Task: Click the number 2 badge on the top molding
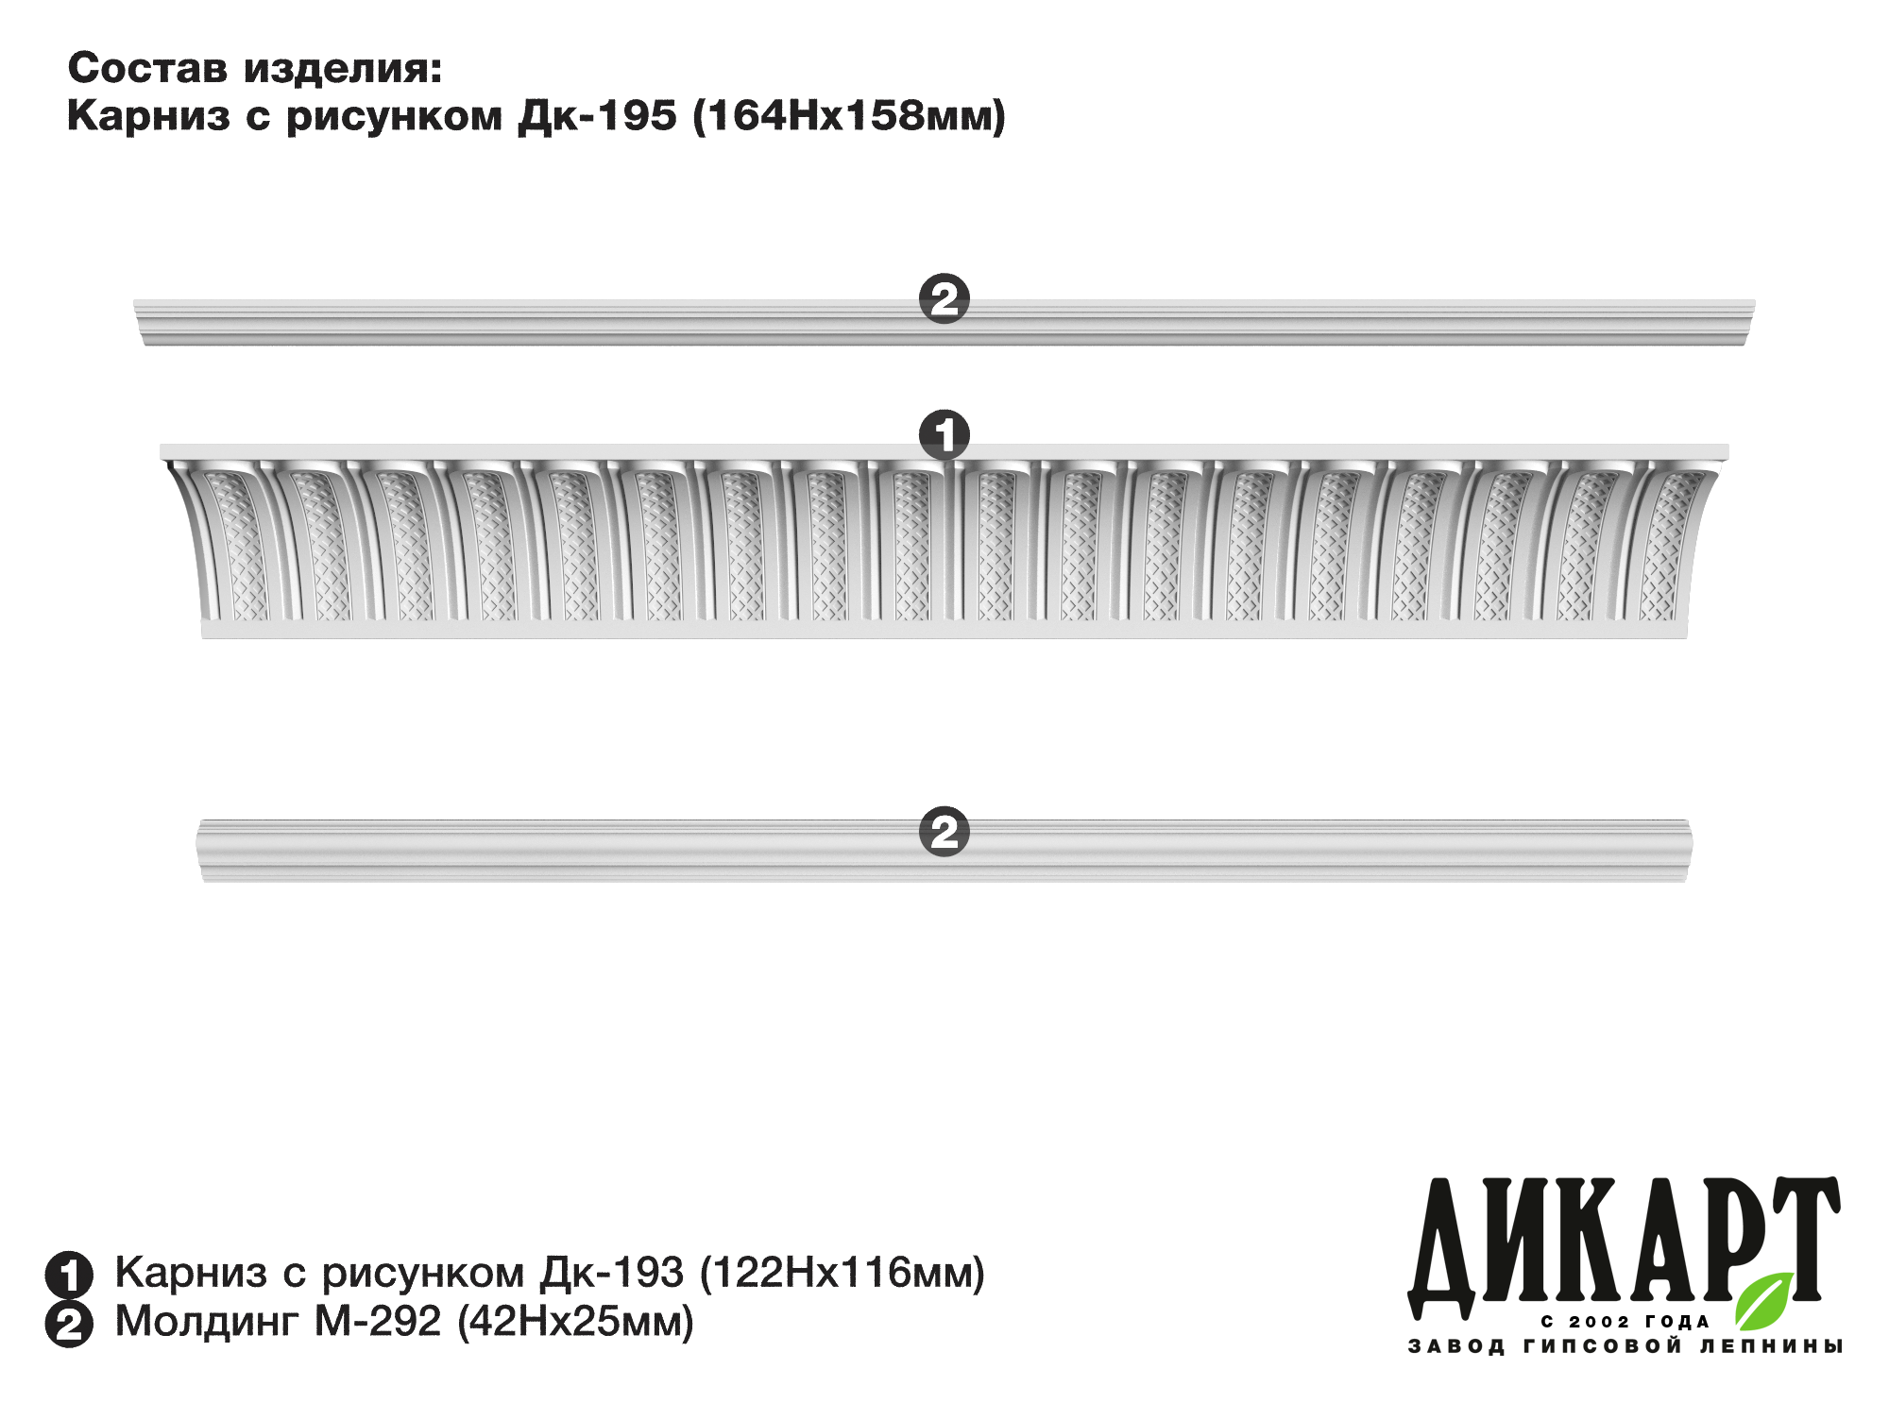tap(944, 299)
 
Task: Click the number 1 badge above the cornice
tap(944, 435)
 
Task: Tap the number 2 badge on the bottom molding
tap(944, 832)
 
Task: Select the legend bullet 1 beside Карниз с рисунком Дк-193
tap(69, 1275)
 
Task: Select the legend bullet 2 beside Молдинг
tap(69, 1324)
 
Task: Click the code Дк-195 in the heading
tap(597, 116)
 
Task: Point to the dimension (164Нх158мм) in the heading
tap(849, 116)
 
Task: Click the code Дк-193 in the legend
tap(612, 1273)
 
